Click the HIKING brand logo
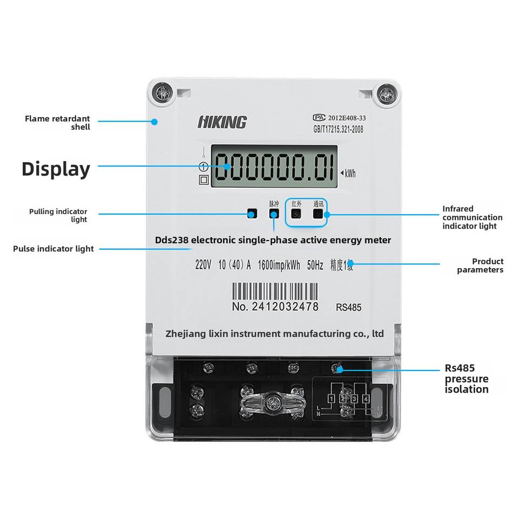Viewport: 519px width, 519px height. click(222, 122)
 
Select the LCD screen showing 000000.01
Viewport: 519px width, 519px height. click(274, 167)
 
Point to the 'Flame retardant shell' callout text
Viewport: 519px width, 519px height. click(57, 123)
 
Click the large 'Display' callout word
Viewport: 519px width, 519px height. click(56, 169)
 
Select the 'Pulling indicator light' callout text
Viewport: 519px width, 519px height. click(58, 215)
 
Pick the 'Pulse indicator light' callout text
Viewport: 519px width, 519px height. click(54, 249)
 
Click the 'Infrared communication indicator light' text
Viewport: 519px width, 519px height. click(472, 217)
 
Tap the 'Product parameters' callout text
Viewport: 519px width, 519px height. click(480, 265)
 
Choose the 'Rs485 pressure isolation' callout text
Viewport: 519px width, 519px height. click(467, 378)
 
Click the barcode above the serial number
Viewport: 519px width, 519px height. click(275, 292)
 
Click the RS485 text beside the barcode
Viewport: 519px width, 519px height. click(349, 308)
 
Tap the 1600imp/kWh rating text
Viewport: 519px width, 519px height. click(280, 265)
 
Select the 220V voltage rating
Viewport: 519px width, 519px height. click(204, 265)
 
